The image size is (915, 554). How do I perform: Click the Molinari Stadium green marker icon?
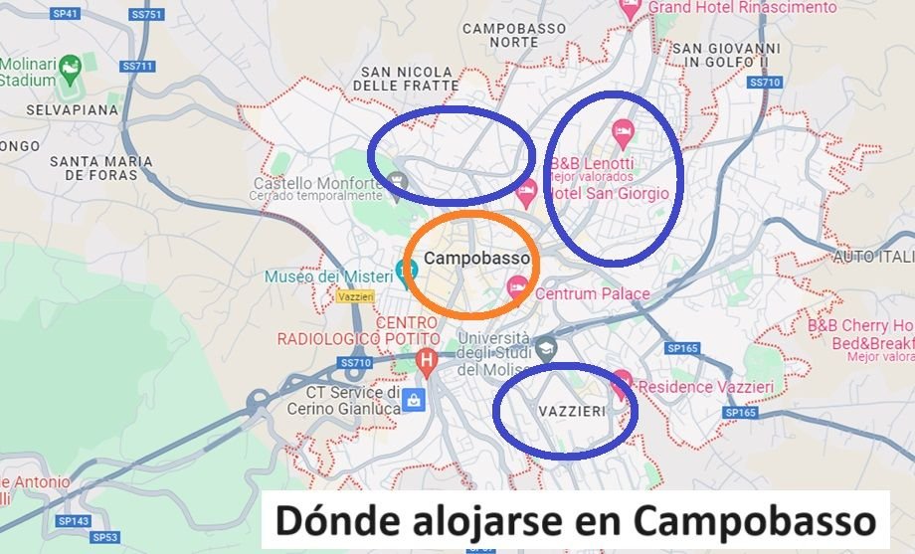70,68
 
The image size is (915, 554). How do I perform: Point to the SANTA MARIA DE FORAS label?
101,168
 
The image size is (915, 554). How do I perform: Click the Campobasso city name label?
476,258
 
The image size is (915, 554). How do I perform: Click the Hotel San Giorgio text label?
610,193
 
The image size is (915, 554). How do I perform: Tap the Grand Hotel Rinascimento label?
742,8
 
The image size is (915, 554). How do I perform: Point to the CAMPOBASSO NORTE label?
514,36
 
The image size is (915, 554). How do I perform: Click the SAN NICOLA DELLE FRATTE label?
410,79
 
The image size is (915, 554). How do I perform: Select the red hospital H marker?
427,360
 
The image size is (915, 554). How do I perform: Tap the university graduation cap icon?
546,348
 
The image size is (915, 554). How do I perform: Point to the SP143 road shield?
74,521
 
